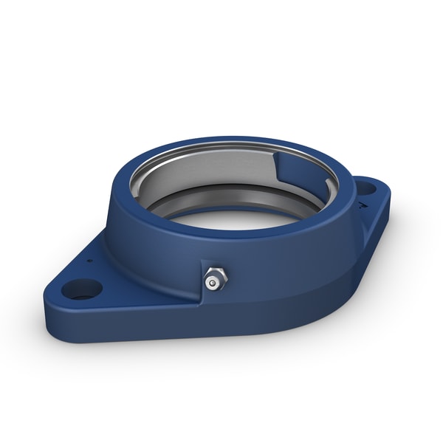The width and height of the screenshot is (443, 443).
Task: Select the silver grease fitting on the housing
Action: click(x=214, y=280)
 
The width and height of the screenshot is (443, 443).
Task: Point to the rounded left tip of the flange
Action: click(x=53, y=289)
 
